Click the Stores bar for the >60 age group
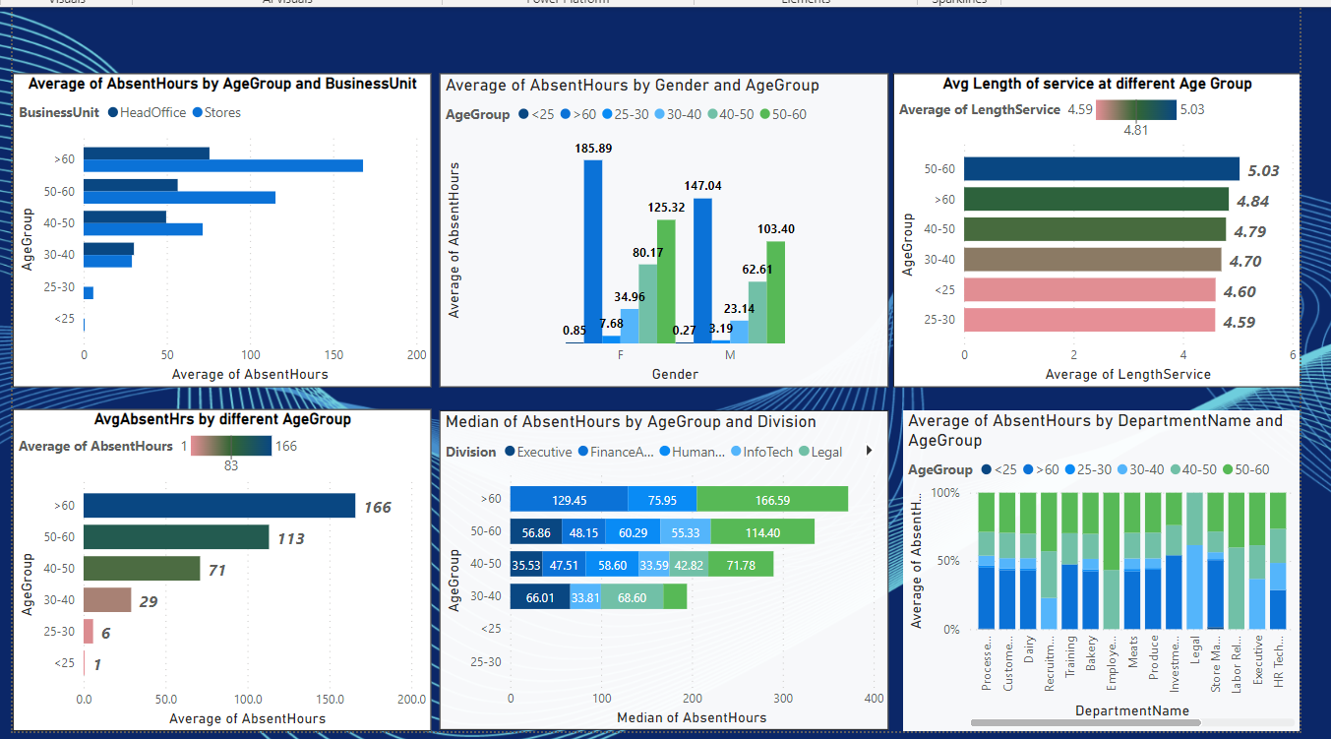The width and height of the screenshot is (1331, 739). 223,165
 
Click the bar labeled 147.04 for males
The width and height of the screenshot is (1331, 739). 703,270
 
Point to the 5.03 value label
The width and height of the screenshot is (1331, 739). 1263,170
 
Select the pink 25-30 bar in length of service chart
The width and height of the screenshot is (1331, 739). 1089,321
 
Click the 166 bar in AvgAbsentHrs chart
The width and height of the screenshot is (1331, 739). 218,506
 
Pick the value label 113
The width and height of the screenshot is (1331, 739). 290,538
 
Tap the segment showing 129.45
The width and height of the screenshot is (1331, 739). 569,499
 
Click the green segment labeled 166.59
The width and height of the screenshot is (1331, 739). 771,499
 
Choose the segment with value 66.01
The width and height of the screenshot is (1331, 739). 540,596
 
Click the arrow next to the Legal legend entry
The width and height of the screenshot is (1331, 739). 869,451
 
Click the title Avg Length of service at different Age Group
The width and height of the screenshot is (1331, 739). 1097,84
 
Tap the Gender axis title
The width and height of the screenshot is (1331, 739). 675,374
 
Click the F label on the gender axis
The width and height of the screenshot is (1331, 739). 621,354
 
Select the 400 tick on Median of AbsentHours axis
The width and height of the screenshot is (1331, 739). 874,698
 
